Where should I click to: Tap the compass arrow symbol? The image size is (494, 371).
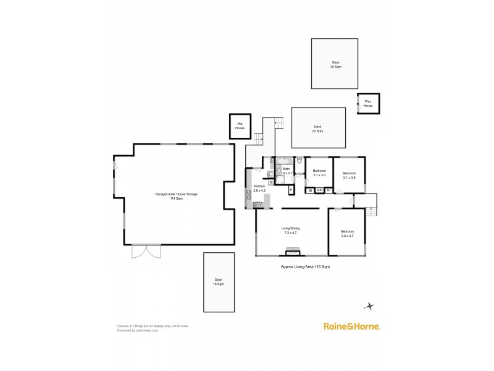coord(369,305)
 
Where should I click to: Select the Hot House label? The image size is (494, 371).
coord(240,125)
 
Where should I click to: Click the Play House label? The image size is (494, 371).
coord(368,104)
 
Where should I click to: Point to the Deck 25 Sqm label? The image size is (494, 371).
coord(335,64)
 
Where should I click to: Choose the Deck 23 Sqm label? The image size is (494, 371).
coord(317,129)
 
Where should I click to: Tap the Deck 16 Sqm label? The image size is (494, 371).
coord(219,281)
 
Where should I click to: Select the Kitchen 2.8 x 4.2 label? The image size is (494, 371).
coord(259,188)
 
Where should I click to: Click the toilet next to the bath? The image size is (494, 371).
coord(299,161)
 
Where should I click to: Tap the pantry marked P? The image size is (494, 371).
coord(291,189)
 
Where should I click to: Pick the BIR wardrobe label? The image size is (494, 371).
coord(319,190)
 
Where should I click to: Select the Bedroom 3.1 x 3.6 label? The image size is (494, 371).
coord(349,175)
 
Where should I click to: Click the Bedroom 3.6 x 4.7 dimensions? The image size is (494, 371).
coord(347,236)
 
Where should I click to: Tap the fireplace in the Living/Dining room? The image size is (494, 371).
coord(292,251)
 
